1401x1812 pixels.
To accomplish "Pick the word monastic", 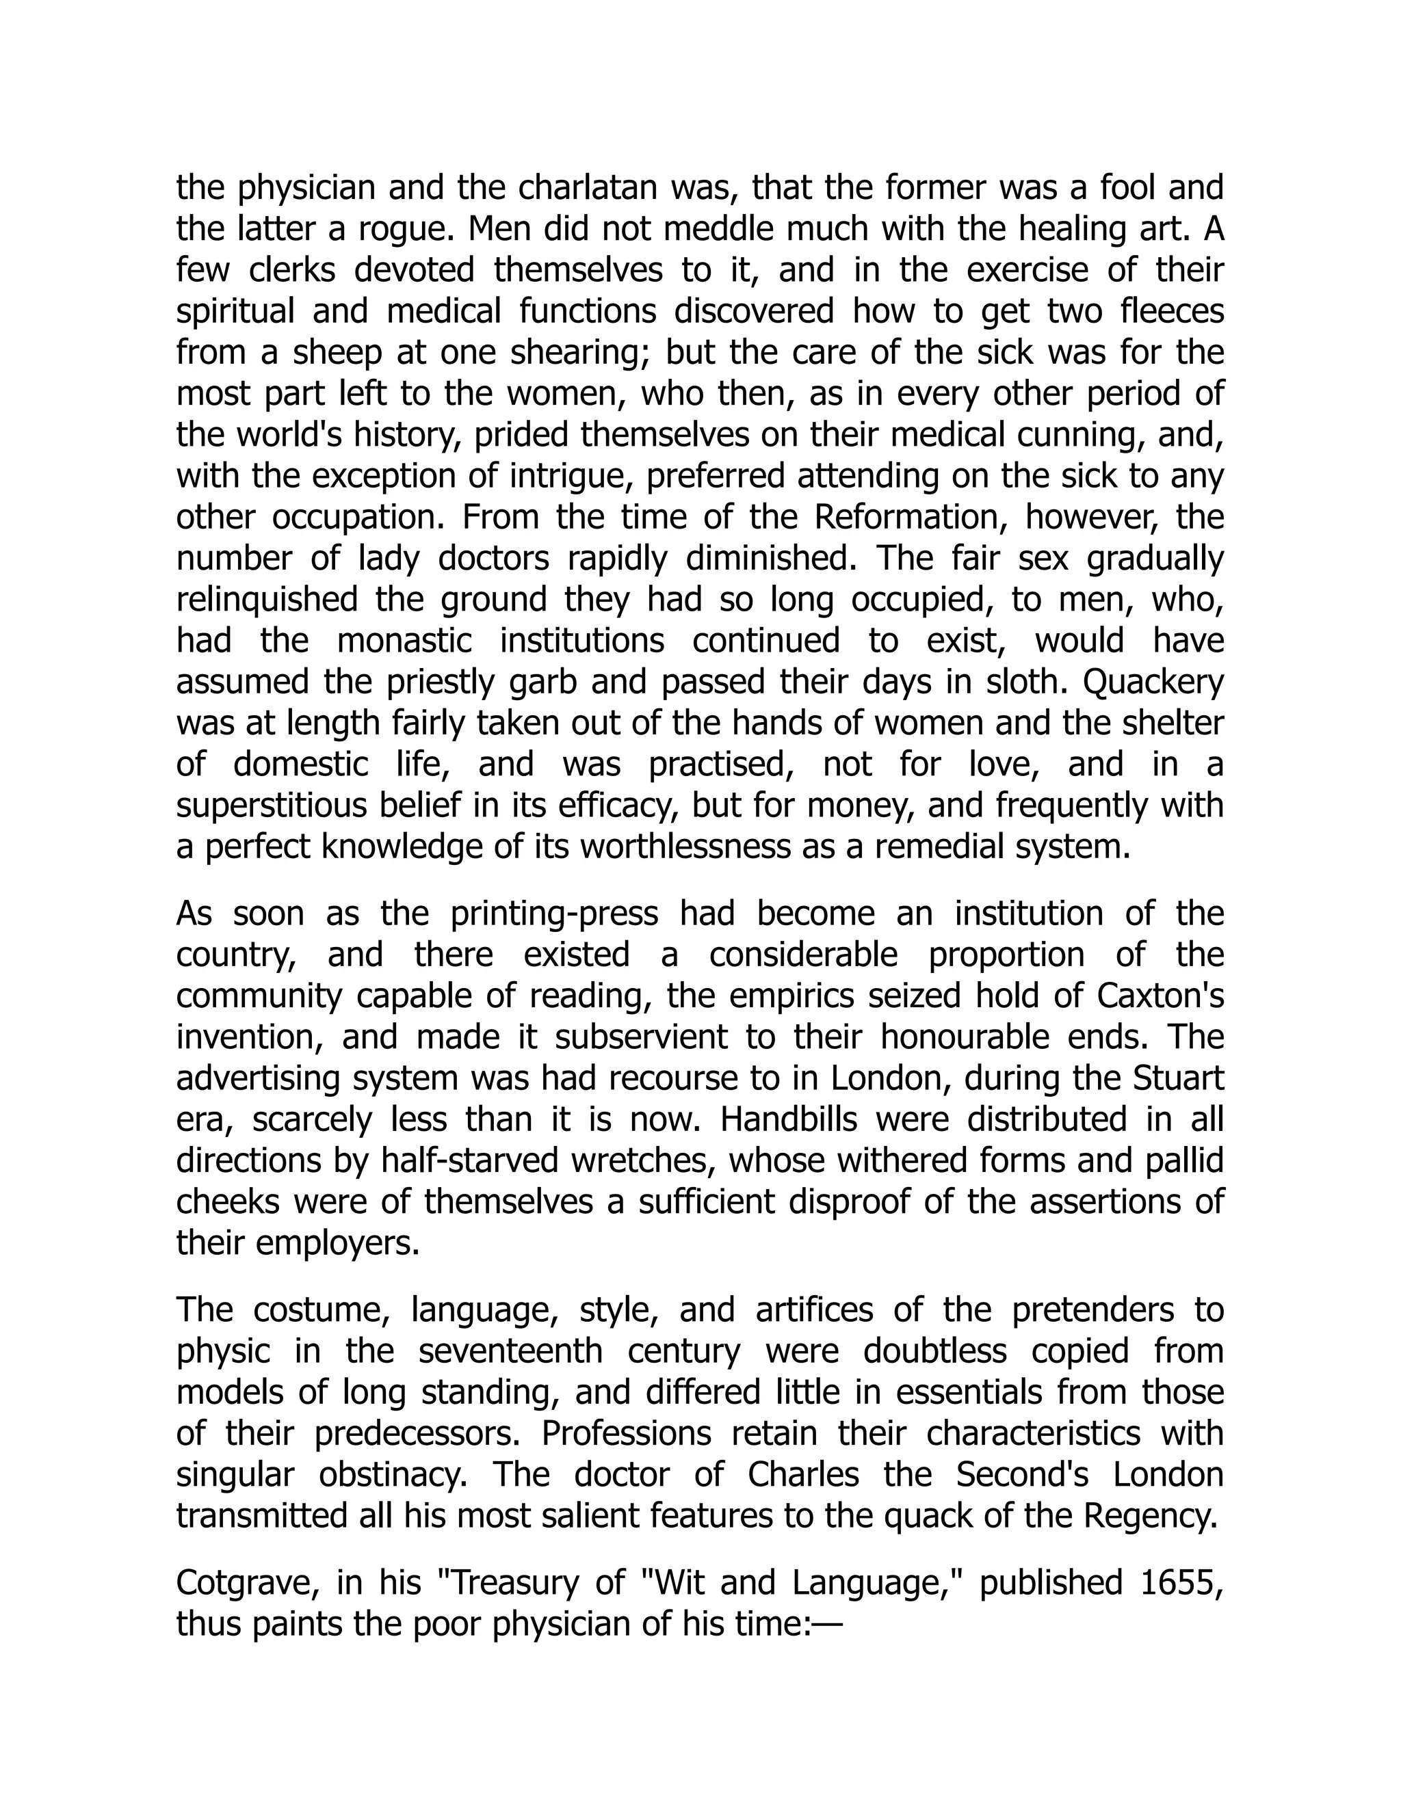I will [x=404, y=641].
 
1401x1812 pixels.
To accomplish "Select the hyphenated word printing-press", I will [x=554, y=914].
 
